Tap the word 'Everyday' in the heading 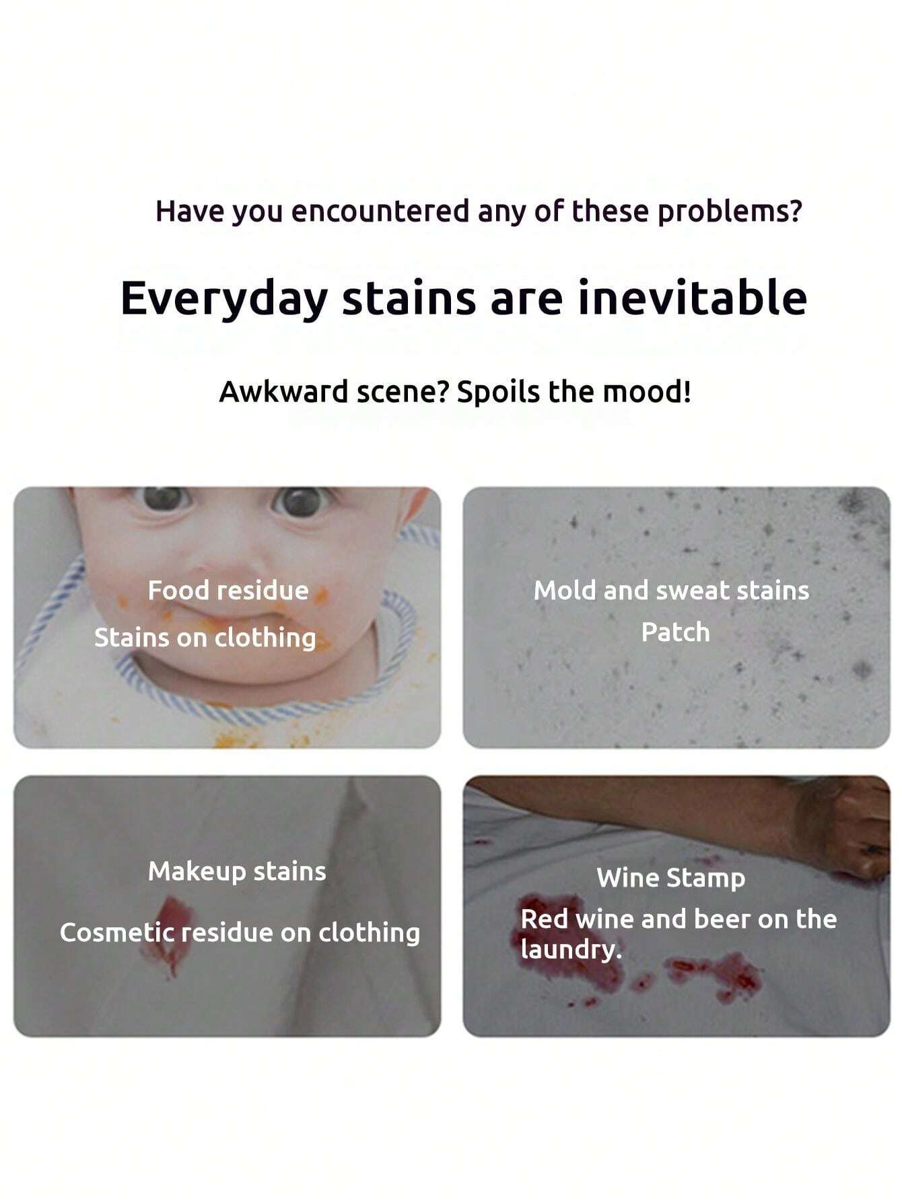pos(223,299)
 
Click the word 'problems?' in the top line pos(730,212)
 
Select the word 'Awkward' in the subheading pos(283,392)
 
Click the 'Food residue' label pos(228,591)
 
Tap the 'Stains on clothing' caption pos(205,638)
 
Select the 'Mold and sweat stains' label pos(671,591)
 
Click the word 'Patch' pos(675,632)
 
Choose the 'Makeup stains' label pos(237,871)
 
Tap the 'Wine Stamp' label pos(671,878)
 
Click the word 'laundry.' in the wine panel pos(571,949)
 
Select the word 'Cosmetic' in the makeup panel pos(118,933)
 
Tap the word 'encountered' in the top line pos(380,211)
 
